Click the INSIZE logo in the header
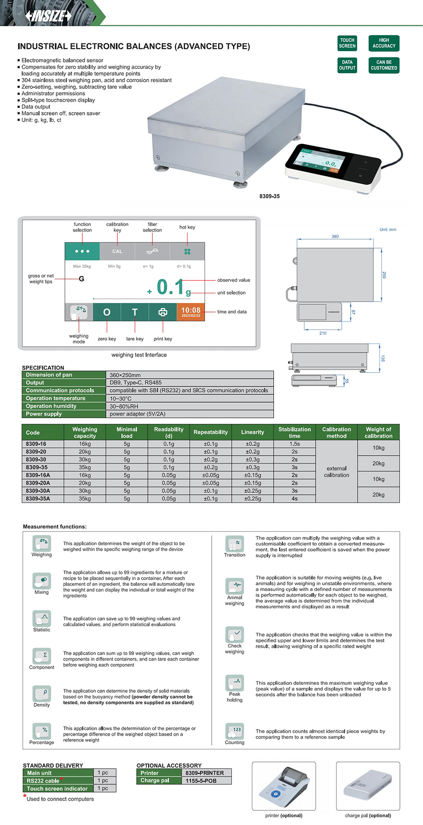tap(49, 16)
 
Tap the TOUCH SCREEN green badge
tap(347, 43)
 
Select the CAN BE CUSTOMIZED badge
tap(384, 65)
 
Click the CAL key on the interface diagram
tap(117, 251)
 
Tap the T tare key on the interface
tap(135, 312)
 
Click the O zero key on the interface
tap(107, 312)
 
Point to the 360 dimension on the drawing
tap(335, 236)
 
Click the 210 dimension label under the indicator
tap(323, 333)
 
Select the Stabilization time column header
tap(294, 432)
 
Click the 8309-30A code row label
tap(38, 490)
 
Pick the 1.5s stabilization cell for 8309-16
tap(294, 444)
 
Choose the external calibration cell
tap(337, 471)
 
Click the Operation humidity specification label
tap(51, 406)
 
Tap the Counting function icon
tap(235, 731)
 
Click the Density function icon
tap(42, 693)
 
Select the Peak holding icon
tap(235, 682)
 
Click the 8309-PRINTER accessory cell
tap(204, 773)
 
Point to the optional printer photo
tap(283, 786)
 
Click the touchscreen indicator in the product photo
tap(332, 167)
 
